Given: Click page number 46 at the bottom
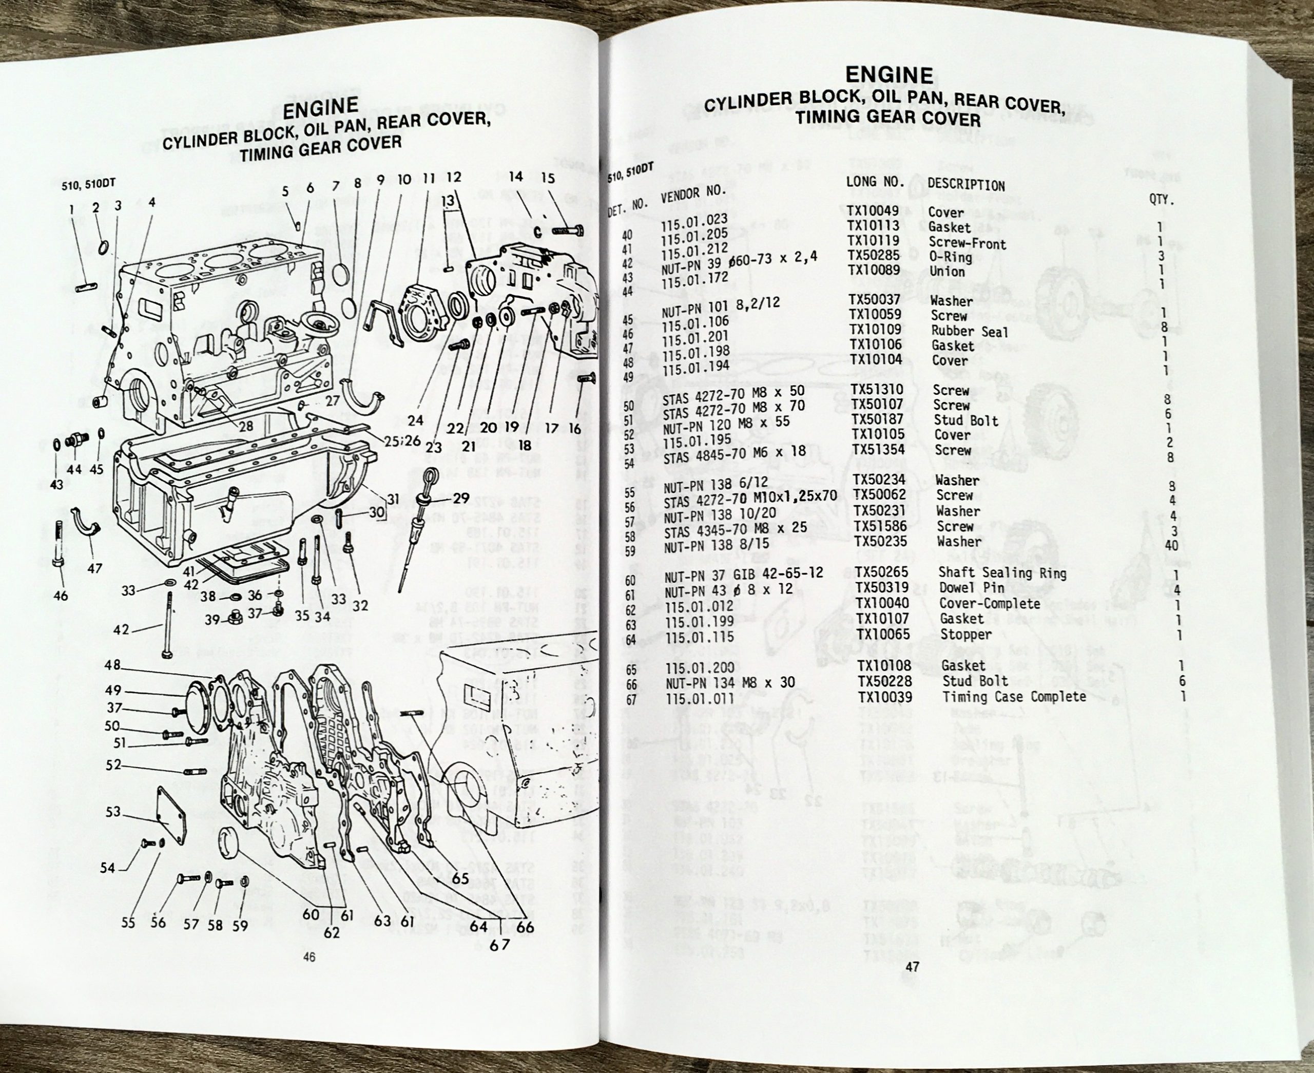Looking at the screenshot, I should point(309,957).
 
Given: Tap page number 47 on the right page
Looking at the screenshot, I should point(912,967).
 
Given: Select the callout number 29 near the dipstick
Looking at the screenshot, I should point(461,498).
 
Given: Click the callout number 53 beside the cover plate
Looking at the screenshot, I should point(113,811).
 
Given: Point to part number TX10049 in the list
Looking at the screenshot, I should point(873,212).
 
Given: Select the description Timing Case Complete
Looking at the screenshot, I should point(1014,697).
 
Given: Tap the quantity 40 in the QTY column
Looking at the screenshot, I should point(1171,546).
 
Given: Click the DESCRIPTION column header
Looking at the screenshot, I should point(965,185).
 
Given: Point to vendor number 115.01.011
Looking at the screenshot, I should point(700,699).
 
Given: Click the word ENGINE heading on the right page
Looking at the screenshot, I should point(889,75).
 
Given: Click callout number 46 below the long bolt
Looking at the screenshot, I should point(61,596).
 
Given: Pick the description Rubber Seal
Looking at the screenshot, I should point(969,332).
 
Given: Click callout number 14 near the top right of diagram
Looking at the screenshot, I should point(515,177).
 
